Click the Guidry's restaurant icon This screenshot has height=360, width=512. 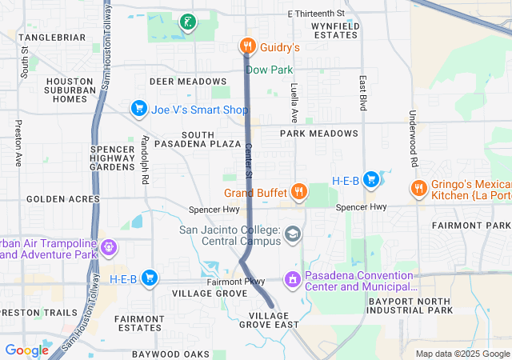(248, 47)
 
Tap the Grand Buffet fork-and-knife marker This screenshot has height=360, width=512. (298, 191)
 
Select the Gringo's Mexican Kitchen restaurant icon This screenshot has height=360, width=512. (418, 188)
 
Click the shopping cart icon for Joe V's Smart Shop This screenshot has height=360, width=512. (138, 108)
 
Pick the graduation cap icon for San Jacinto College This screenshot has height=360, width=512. (294, 234)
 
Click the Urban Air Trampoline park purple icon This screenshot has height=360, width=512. (107, 248)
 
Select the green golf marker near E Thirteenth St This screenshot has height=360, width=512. (186, 22)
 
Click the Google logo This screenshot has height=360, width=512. (27, 350)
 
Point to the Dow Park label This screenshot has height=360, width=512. (269, 70)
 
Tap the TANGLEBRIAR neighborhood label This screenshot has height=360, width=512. (52, 38)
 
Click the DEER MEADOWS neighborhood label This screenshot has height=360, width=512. (188, 82)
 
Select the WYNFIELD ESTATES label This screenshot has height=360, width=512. (335, 30)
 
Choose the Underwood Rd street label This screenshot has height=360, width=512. (414, 138)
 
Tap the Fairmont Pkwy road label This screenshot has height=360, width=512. (236, 282)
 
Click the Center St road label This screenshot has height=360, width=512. (249, 161)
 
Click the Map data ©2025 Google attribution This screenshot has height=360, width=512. (462, 354)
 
